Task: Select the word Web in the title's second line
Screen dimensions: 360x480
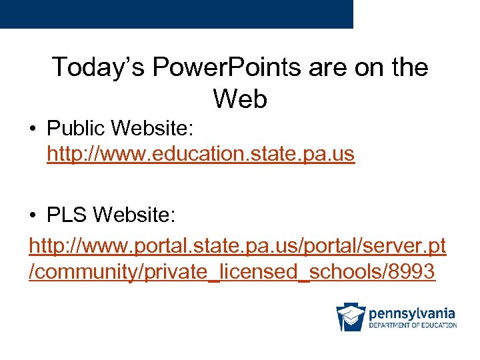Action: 240,99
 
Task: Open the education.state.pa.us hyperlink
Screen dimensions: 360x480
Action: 201,154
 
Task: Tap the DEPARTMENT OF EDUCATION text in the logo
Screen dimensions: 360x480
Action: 413,325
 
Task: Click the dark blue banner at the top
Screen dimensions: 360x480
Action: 176,13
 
